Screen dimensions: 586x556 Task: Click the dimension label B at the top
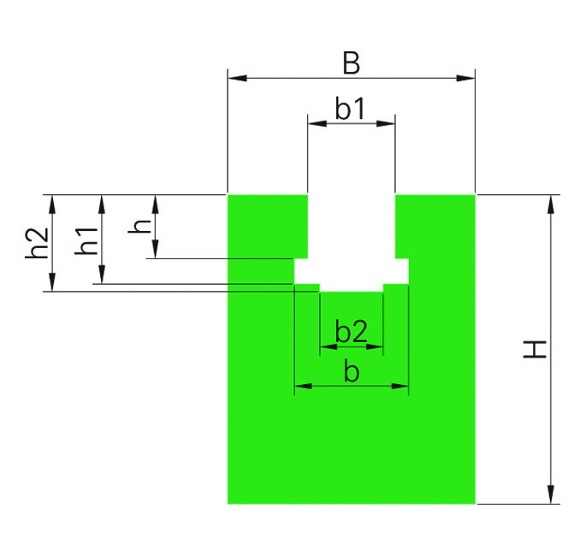(352, 62)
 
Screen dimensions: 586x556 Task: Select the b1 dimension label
(350, 109)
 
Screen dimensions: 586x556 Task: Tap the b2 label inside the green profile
(352, 331)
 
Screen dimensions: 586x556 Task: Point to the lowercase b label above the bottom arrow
(352, 371)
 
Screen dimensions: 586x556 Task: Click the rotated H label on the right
(535, 350)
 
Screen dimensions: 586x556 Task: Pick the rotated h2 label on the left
(37, 243)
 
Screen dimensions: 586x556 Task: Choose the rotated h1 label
(86, 240)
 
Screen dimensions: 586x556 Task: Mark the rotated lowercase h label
(139, 226)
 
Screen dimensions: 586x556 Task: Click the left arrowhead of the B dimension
(237, 78)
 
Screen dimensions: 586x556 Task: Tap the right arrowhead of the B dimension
(465, 78)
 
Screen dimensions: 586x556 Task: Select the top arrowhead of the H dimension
(550, 204)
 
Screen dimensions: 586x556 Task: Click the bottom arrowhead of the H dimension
(550, 494)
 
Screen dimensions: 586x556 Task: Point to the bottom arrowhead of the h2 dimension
(52, 281)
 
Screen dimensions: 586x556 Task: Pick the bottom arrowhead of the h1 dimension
(102, 275)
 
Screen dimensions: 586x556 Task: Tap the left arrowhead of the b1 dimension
(317, 123)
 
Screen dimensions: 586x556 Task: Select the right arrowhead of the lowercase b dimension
(400, 386)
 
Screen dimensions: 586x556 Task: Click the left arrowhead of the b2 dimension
(329, 346)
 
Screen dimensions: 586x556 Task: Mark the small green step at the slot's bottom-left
(307, 287)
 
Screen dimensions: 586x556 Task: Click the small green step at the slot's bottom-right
(396, 287)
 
